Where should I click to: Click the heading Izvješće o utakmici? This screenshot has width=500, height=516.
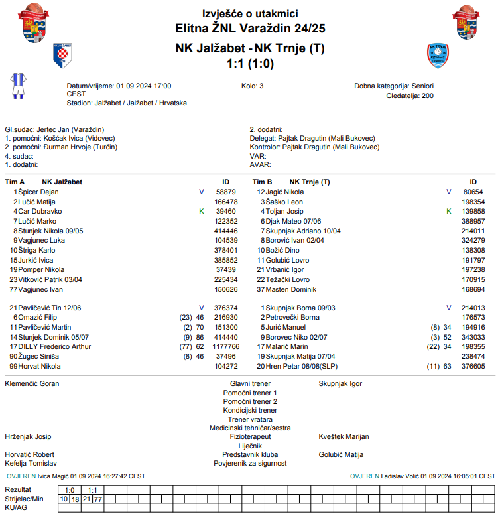[x=250, y=13]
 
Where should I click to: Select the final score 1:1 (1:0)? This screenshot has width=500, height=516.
[x=250, y=64]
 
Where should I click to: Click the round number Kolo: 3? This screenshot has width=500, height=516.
[x=253, y=86]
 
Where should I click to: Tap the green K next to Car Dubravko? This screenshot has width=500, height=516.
[x=202, y=211]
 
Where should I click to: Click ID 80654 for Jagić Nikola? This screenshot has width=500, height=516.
[x=473, y=192]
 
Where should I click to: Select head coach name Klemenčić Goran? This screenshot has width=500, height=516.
[x=32, y=383]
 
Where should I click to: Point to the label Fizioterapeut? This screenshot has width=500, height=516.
[x=250, y=437]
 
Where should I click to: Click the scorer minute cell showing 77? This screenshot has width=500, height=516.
[x=98, y=499]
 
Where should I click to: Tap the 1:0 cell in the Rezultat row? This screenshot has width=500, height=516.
[x=69, y=490]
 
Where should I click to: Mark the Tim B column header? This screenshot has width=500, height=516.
[x=263, y=182]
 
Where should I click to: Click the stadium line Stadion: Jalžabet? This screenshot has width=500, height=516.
[x=127, y=103]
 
